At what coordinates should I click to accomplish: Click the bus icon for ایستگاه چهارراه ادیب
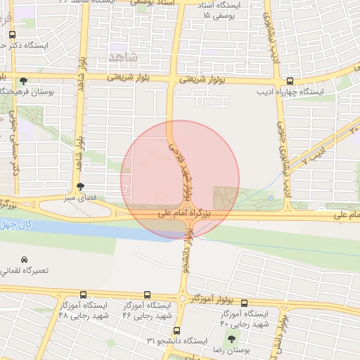[290, 81]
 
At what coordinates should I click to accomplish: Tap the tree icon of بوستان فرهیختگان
[25, 81]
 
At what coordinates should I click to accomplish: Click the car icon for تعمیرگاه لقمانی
[25, 260]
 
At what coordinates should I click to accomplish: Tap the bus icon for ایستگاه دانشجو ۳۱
[176, 329]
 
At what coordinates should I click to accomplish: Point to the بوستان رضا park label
[231, 349]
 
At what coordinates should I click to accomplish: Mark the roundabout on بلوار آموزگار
[184, 299]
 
